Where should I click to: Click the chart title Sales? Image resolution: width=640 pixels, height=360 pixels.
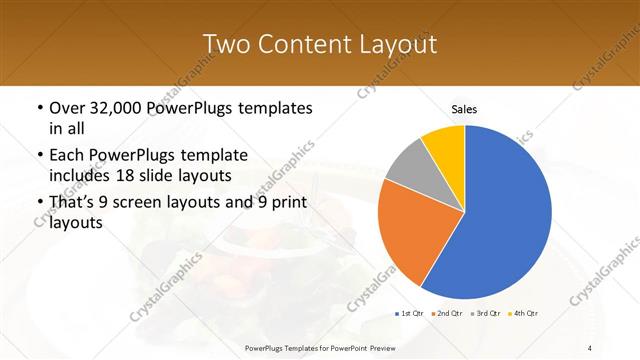(x=465, y=109)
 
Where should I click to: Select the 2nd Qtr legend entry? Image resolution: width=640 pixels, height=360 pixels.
(x=447, y=314)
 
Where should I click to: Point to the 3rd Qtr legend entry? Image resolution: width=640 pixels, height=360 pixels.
(x=486, y=314)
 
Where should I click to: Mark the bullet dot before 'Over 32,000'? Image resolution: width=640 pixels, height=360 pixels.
(x=38, y=108)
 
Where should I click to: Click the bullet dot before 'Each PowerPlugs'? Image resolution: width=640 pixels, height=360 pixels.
(x=38, y=156)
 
